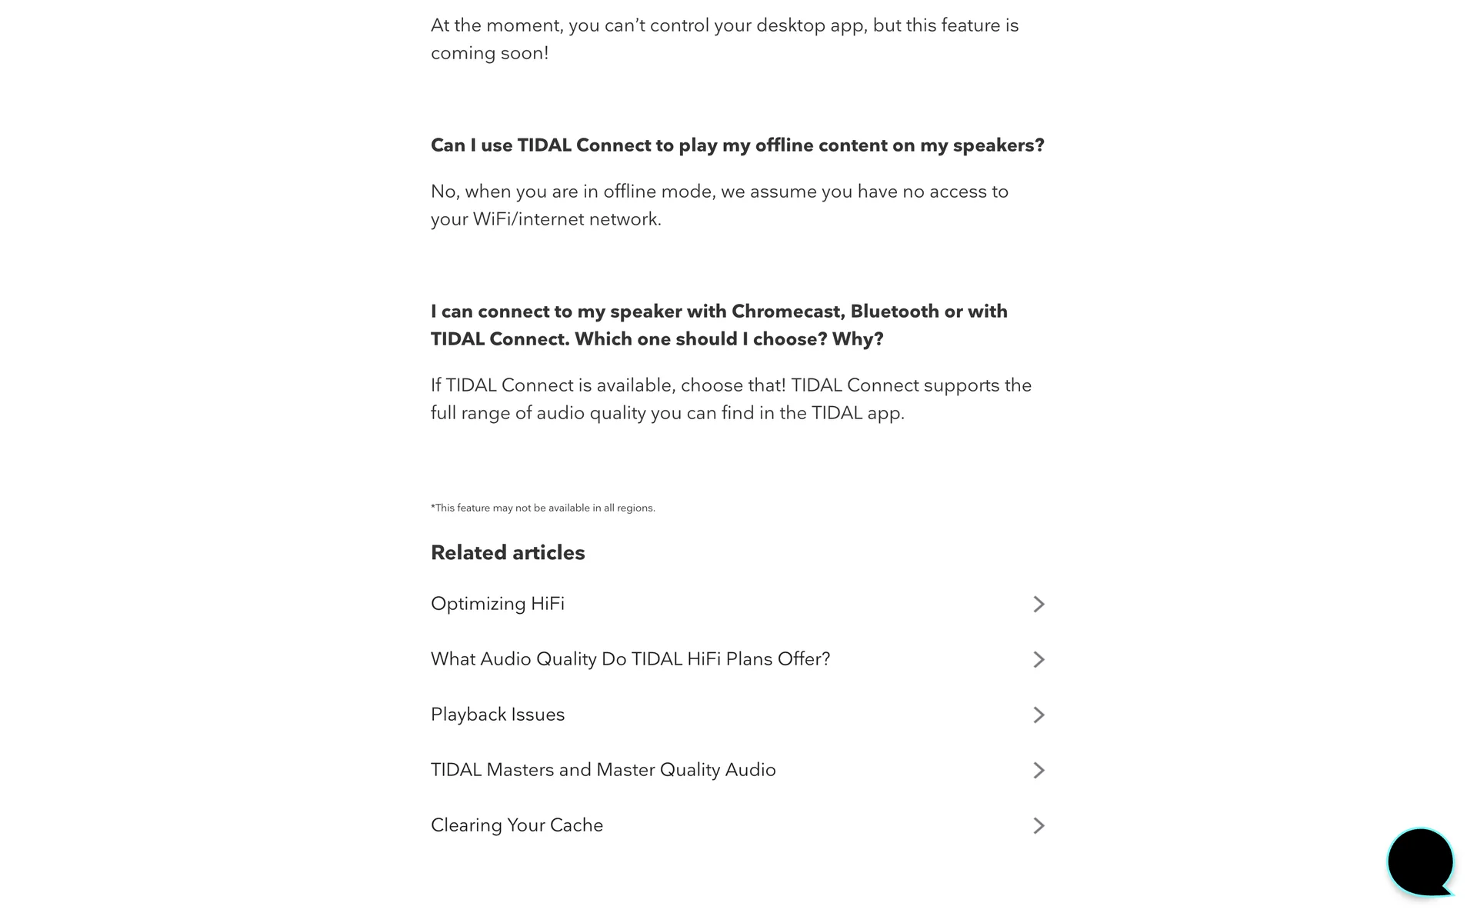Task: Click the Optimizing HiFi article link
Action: point(497,604)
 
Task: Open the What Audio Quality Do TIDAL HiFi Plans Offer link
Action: point(630,659)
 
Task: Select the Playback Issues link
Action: point(497,715)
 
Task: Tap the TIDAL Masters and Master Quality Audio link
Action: point(602,770)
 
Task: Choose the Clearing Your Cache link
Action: point(516,825)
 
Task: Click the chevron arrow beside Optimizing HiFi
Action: point(1039,604)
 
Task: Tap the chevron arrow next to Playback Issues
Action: point(1039,715)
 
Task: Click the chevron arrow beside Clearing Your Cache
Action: point(1039,825)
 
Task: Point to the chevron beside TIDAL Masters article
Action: point(1039,770)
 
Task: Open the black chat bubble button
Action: point(1420,861)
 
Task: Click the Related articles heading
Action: point(507,552)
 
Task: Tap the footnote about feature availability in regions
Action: point(542,508)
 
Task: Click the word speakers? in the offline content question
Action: point(998,145)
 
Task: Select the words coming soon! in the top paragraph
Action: point(489,53)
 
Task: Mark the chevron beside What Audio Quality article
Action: point(1039,659)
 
